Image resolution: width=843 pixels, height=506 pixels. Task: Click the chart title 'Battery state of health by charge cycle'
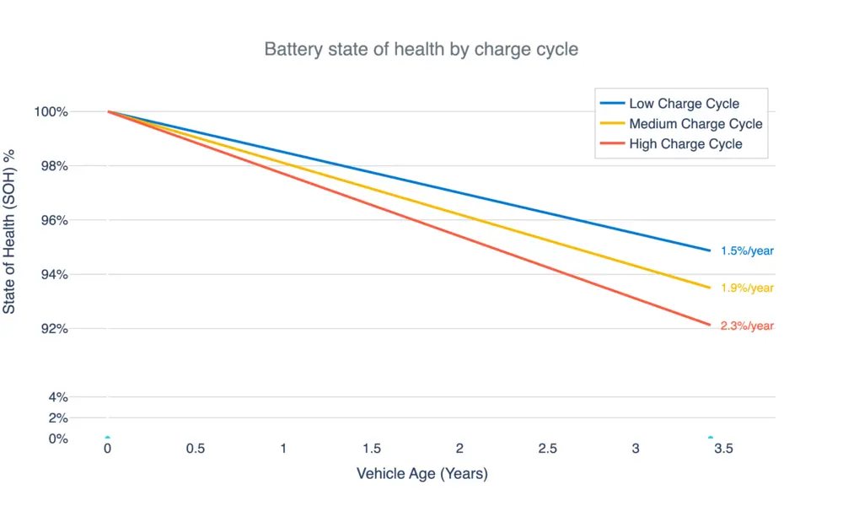(x=421, y=49)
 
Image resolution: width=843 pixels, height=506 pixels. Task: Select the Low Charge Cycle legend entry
(x=684, y=104)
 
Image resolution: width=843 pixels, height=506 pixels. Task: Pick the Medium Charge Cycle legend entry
(x=695, y=124)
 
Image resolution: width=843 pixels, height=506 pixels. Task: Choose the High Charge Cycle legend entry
(x=685, y=144)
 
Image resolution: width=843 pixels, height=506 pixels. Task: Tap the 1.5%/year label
(x=747, y=250)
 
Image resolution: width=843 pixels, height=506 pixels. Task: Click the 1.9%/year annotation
(x=747, y=288)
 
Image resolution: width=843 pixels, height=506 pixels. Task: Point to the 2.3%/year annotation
(x=747, y=326)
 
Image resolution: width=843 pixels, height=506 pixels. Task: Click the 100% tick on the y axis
(x=51, y=112)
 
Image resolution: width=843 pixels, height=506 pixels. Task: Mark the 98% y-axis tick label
(x=54, y=166)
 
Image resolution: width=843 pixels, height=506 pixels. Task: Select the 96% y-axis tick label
(x=54, y=220)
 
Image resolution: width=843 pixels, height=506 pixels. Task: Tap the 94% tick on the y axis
(x=54, y=274)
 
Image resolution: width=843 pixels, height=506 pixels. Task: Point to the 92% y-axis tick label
(x=54, y=328)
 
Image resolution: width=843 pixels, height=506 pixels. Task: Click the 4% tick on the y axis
(x=57, y=397)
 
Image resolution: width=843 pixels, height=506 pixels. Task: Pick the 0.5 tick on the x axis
(x=196, y=449)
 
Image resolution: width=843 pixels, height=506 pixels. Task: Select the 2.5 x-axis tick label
(x=548, y=449)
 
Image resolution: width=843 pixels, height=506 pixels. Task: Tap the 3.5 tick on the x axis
(x=723, y=449)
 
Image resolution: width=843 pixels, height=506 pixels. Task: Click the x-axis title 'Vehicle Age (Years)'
(x=421, y=474)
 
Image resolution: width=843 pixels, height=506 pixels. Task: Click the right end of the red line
(x=710, y=325)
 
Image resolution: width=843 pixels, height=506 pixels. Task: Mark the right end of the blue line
(x=710, y=250)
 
